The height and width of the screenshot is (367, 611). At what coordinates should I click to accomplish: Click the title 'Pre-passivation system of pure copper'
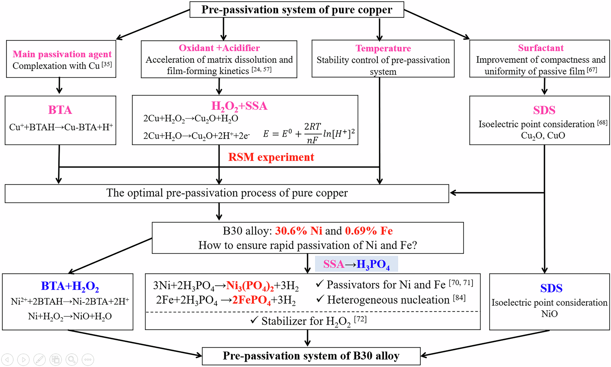click(x=297, y=10)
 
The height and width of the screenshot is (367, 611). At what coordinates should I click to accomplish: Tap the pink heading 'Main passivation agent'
click(x=62, y=54)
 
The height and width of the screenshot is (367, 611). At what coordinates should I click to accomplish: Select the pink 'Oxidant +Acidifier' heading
click(x=219, y=48)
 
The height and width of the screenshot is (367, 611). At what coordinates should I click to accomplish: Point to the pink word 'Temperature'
click(x=383, y=48)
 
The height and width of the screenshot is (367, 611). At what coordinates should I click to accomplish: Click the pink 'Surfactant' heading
click(x=540, y=48)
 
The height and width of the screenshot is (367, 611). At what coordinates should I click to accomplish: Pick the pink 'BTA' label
click(x=60, y=110)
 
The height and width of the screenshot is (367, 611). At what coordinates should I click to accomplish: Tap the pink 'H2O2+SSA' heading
click(x=239, y=106)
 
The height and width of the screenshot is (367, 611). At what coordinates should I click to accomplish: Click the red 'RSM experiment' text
click(x=271, y=157)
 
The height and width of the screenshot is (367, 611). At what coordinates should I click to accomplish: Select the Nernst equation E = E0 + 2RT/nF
click(x=309, y=134)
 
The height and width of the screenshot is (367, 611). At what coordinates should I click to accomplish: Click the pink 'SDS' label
click(x=544, y=110)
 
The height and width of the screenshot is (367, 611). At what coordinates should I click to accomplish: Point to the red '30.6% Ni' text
click(x=298, y=231)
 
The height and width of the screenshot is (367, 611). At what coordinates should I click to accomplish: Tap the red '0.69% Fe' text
click(x=369, y=231)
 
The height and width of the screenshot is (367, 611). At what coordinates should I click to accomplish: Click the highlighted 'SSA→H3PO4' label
click(x=356, y=264)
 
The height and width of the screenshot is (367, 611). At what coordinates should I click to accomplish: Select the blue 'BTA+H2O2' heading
click(x=70, y=286)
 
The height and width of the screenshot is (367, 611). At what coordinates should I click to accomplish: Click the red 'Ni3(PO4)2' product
click(x=250, y=286)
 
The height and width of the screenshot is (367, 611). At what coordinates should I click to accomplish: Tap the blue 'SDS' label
click(x=551, y=288)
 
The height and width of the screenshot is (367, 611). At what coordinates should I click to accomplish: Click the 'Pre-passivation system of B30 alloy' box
click(x=311, y=356)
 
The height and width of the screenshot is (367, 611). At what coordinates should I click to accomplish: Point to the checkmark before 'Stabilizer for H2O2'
click(x=254, y=320)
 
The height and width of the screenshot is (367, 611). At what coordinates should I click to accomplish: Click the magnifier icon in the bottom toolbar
click(x=71, y=359)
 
